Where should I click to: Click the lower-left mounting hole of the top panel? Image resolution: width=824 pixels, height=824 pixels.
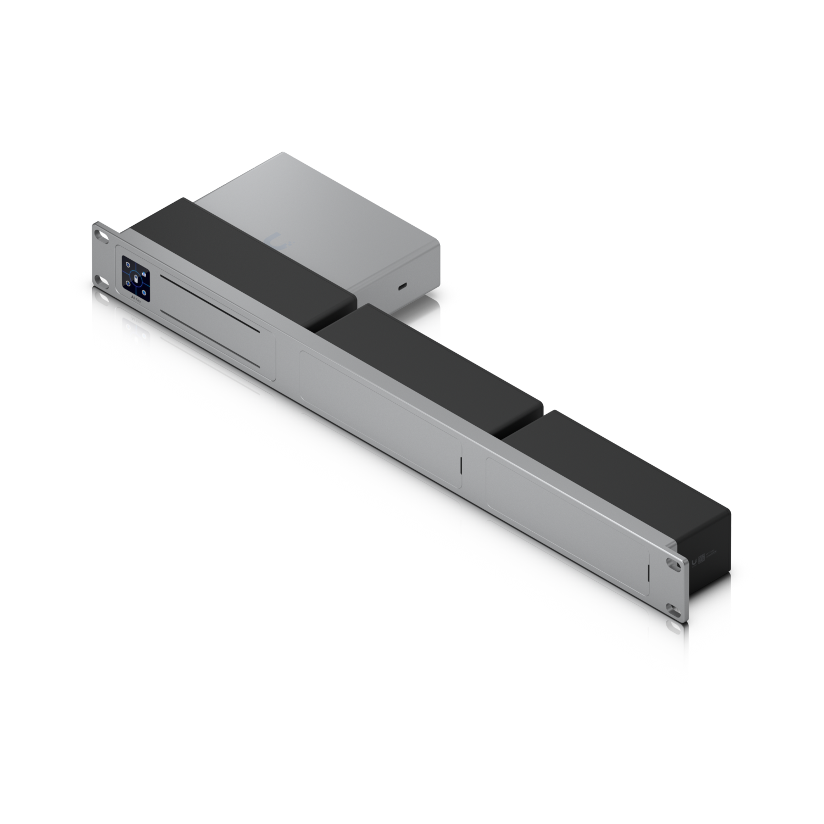pos(101,281)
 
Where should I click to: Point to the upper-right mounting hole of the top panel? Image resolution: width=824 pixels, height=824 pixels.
pos(672,563)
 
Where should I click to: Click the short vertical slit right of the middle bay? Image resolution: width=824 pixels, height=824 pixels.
pos(461,467)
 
